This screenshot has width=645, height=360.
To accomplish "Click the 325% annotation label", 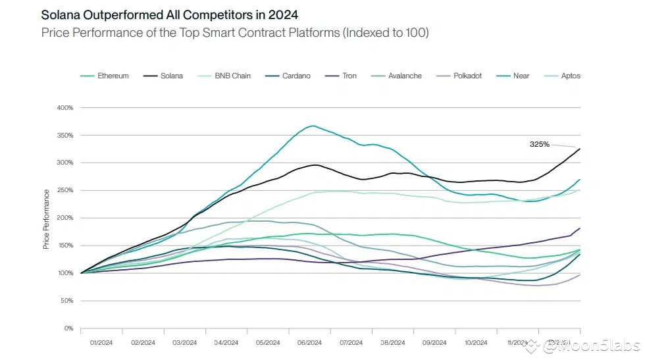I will (x=540, y=143).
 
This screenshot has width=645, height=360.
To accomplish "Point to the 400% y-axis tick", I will (x=64, y=107).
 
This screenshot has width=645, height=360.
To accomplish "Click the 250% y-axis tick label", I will (x=64, y=190).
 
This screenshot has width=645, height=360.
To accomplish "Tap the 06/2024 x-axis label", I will (x=309, y=343).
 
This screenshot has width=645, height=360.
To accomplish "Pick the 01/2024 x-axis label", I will (x=101, y=343).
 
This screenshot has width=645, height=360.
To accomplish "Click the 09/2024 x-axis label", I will (x=434, y=343).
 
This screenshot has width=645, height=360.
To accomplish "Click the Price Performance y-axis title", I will (x=46, y=219).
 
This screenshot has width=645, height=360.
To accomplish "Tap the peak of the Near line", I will (x=313, y=126).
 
